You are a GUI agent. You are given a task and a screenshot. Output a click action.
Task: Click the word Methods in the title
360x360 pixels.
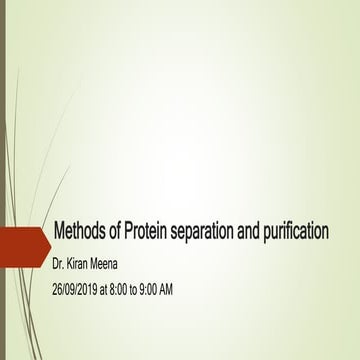(79, 233)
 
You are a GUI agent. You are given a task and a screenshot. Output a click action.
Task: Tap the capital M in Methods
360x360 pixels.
(58, 233)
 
